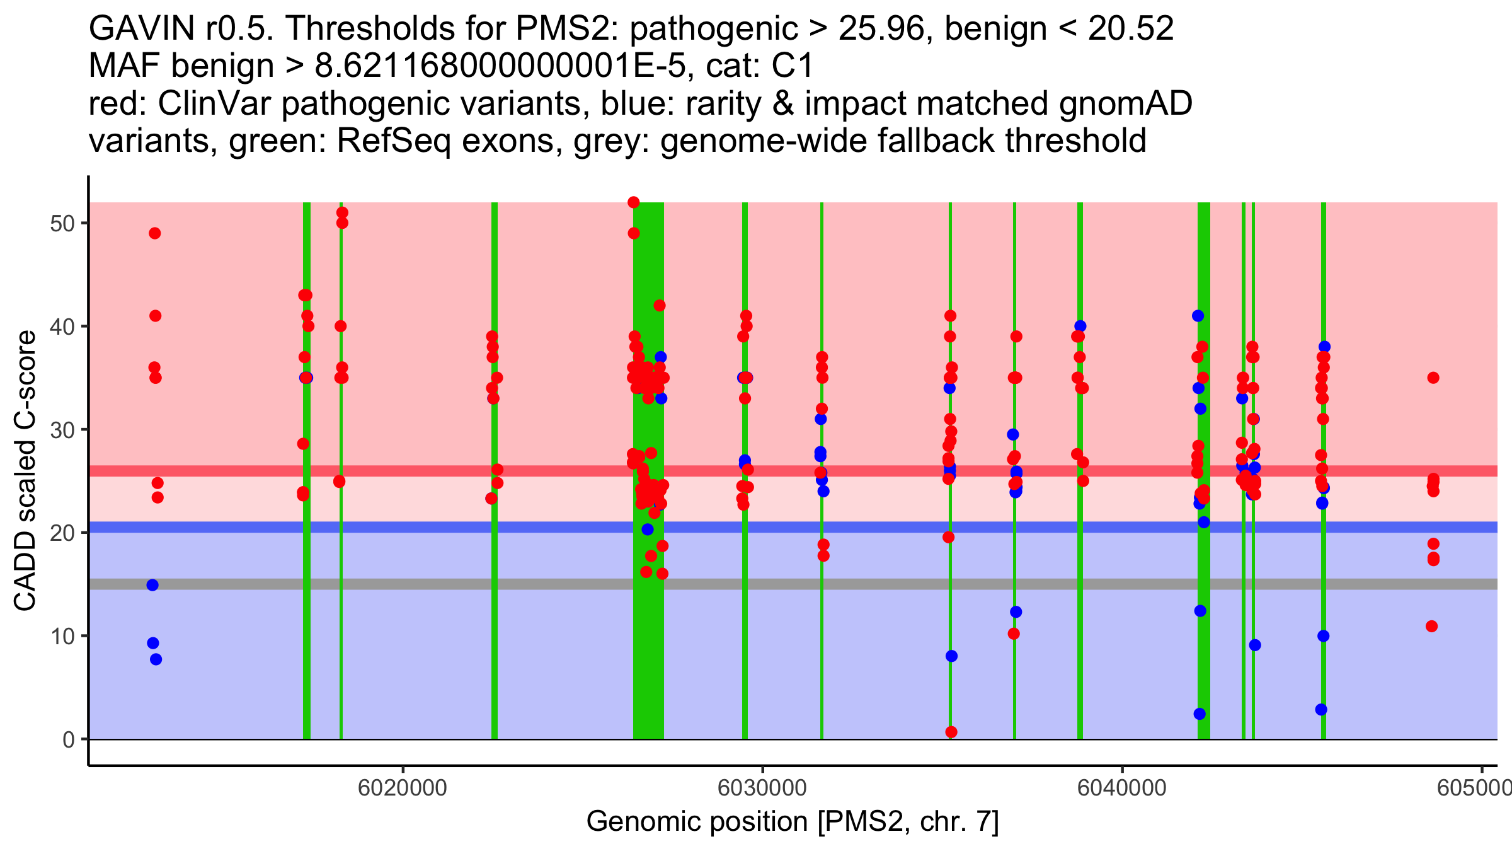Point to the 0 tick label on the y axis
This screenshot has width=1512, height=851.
69,739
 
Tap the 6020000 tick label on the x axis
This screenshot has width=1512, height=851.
403,788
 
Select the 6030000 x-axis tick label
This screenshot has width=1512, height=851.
762,788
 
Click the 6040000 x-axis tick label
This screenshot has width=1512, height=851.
1122,788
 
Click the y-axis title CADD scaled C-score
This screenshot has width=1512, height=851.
25,471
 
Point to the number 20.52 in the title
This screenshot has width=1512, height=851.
1131,28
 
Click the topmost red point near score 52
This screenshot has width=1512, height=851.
634,202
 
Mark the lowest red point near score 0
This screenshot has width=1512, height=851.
951,732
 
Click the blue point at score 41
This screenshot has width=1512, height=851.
1198,316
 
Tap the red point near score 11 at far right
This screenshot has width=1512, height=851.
1432,626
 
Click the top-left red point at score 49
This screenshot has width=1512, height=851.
155,233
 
